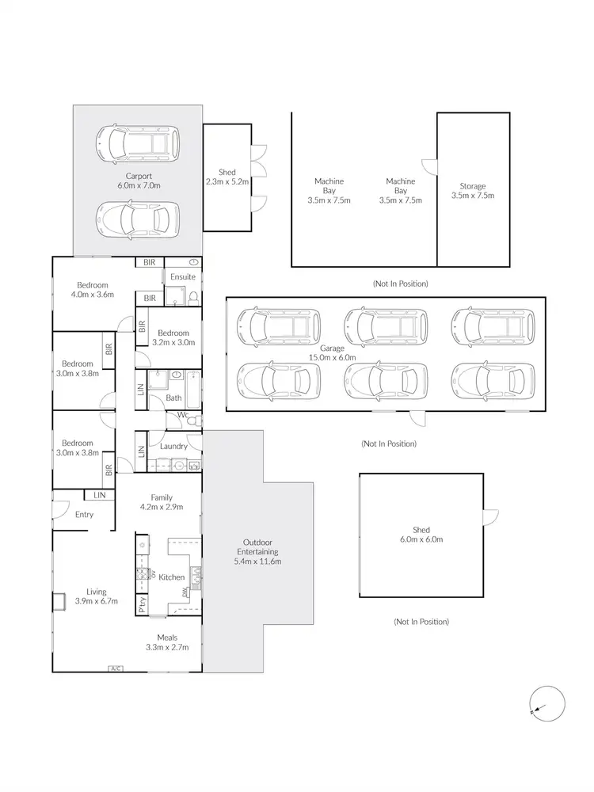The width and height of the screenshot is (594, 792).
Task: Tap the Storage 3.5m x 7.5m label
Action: (x=473, y=191)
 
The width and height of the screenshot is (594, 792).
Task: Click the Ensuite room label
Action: (x=182, y=277)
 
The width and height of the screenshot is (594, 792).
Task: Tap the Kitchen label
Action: (x=172, y=577)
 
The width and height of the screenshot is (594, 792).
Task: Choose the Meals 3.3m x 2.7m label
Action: (x=167, y=642)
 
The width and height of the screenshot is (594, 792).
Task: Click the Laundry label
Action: (x=173, y=446)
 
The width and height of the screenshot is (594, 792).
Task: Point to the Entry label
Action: (x=84, y=515)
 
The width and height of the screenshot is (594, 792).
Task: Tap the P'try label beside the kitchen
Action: (x=143, y=605)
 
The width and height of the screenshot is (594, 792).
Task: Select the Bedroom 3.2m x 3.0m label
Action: (x=173, y=338)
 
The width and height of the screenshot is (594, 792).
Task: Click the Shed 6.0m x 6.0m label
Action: (x=421, y=535)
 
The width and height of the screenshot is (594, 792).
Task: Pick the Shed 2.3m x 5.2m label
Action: (x=227, y=177)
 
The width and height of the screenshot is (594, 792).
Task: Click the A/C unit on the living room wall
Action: (x=115, y=668)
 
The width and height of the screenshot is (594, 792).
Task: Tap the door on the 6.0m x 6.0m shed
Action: (x=491, y=516)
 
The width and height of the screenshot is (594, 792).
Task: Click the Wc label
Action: (x=182, y=414)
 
